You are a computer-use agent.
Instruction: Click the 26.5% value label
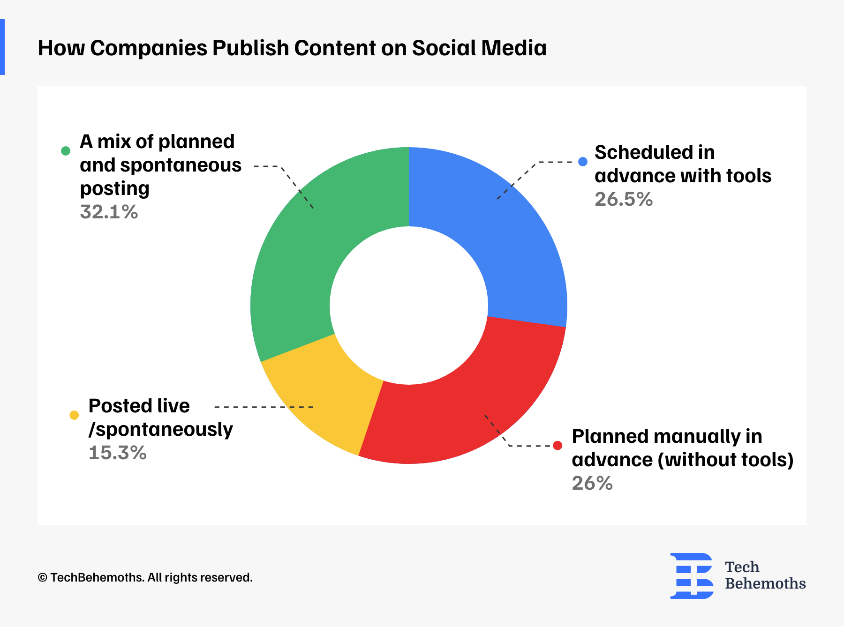(x=624, y=200)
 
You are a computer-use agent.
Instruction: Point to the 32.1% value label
(x=109, y=212)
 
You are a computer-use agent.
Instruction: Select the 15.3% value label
(x=118, y=453)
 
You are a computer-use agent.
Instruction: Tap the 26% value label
(x=592, y=484)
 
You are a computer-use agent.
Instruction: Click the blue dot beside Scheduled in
(x=583, y=162)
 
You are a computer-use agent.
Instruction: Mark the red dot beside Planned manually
(x=558, y=445)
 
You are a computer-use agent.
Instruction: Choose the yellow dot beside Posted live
(x=74, y=415)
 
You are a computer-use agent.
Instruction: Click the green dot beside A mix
(x=66, y=150)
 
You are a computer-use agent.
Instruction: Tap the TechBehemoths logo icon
(x=692, y=575)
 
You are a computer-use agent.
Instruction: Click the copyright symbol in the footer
(x=42, y=578)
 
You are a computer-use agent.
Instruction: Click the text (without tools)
(x=725, y=460)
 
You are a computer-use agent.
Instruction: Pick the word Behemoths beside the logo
(x=765, y=584)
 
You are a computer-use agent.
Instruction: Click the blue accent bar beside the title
(x=2, y=47)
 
